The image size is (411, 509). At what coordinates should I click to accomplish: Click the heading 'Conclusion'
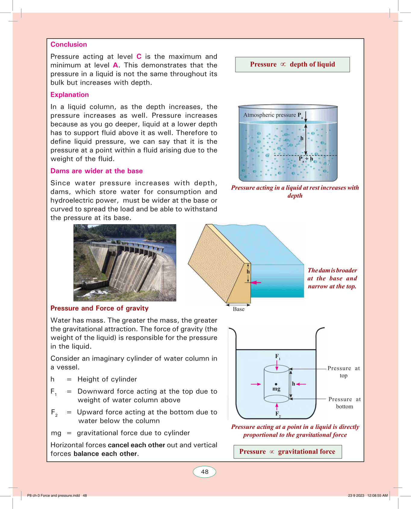click(x=69, y=44)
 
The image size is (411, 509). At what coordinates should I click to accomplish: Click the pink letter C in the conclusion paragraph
click(x=139, y=57)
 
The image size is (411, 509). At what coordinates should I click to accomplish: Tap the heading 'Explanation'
click(x=70, y=95)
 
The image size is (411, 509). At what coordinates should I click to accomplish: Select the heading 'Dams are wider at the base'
click(x=96, y=171)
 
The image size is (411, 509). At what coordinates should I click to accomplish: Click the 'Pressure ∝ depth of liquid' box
click(x=292, y=64)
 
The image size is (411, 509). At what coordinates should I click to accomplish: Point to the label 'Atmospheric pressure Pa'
click(x=273, y=115)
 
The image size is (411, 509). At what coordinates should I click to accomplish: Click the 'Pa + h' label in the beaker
click(x=306, y=159)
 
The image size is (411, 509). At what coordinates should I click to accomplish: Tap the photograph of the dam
click(x=125, y=262)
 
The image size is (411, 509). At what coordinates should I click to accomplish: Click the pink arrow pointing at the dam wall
click(x=256, y=283)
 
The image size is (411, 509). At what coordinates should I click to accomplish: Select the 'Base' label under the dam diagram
click(x=238, y=309)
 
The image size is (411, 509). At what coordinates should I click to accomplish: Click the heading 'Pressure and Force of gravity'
click(x=99, y=308)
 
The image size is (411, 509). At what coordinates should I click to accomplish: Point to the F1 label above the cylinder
click(x=278, y=357)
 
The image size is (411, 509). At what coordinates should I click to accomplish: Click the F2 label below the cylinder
click(x=278, y=414)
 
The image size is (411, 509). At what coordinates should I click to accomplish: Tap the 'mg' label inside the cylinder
click(x=276, y=389)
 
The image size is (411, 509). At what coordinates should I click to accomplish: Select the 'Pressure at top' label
click(x=344, y=372)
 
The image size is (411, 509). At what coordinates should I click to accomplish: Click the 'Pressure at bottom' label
click(x=344, y=403)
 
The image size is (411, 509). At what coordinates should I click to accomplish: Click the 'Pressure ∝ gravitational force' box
click(x=288, y=451)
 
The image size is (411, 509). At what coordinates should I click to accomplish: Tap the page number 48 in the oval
click(x=204, y=472)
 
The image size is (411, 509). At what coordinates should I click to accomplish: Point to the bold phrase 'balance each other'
click(x=105, y=454)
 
